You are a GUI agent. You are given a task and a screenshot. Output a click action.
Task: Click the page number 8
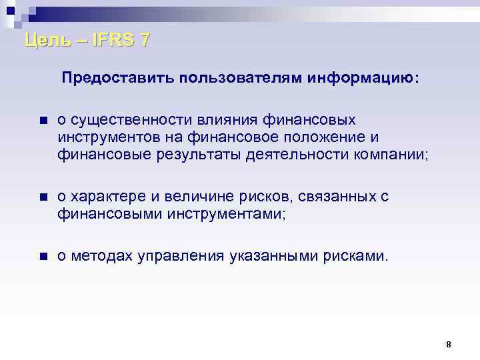click(448, 345)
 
